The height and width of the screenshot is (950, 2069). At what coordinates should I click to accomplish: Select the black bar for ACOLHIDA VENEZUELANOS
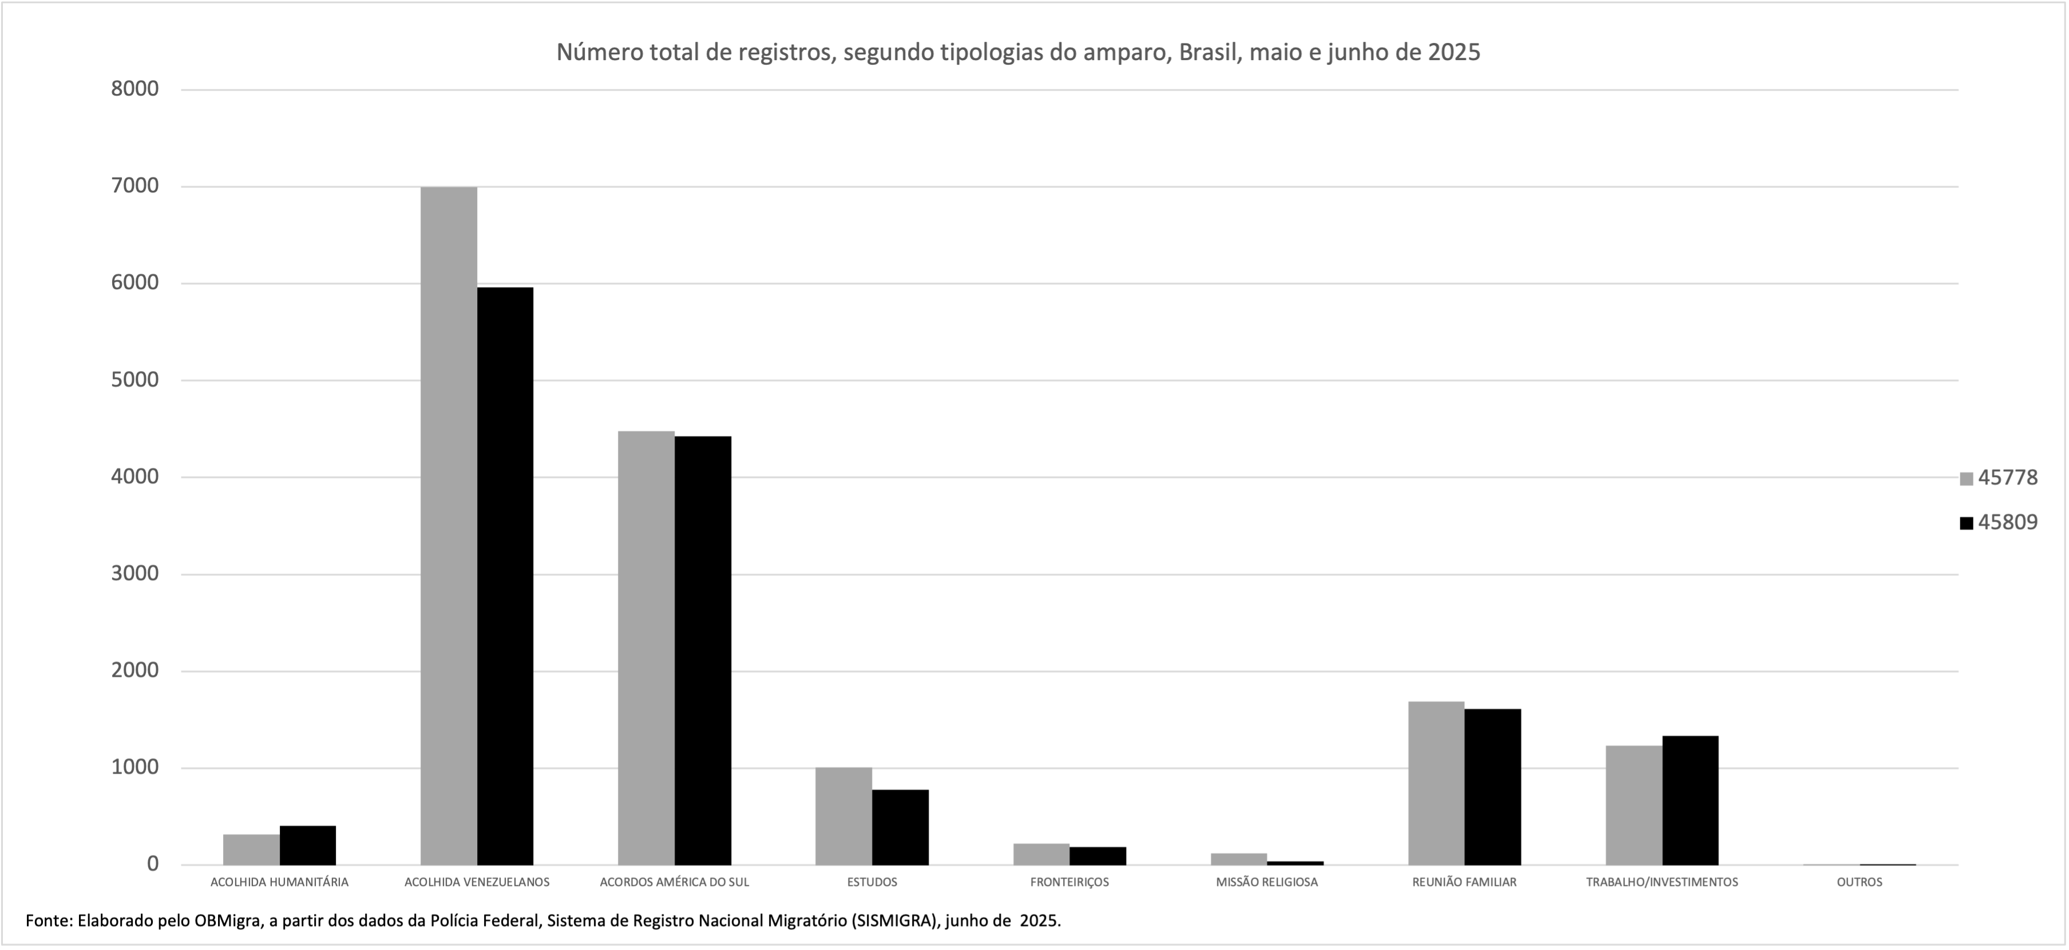pos(505,575)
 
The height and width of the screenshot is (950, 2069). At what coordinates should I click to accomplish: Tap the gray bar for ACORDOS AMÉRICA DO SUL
pos(646,648)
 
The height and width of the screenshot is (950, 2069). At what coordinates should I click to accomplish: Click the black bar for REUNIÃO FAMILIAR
pos(1492,787)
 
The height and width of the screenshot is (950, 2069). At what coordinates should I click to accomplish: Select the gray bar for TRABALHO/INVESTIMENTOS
pos(1634,805)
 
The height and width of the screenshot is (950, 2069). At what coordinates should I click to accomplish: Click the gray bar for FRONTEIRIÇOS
pos(1041,854)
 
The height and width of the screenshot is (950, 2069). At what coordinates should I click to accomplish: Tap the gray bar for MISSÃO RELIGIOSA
pos(1239,859)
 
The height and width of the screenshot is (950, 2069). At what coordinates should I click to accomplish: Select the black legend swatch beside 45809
pos(1967,523)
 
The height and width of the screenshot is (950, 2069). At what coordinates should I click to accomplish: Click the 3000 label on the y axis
pos(135,574)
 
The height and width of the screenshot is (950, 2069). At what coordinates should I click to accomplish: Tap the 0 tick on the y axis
pos(153,865)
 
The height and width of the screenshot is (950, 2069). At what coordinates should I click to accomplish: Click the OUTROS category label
pos(1860,882)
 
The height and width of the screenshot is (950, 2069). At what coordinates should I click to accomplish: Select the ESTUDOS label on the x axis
pos(872,882)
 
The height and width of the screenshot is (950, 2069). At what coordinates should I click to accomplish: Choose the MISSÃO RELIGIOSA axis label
pos(1267,882)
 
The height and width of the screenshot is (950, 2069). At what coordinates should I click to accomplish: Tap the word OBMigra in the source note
pos(225,921)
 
